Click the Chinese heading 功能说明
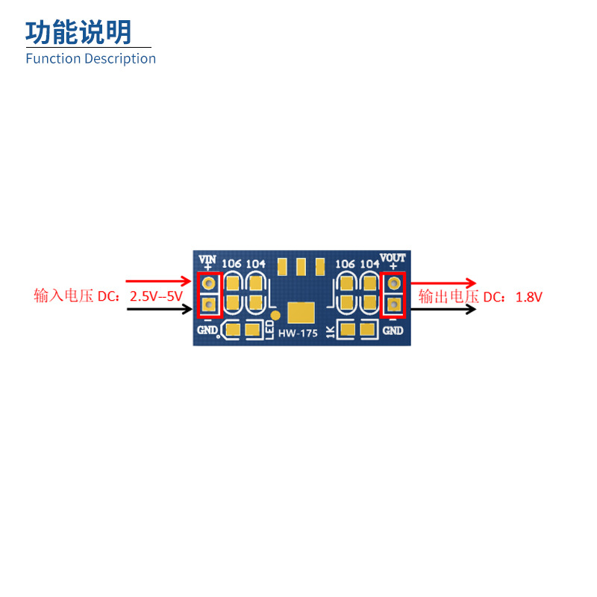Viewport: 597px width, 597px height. [78, 32]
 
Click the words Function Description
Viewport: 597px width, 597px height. [90, 58]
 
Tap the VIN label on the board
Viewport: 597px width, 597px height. [207, 259]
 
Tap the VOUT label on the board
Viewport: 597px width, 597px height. [393, 258]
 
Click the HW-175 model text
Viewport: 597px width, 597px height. [298, 333]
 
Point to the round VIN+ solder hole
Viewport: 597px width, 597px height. [209, 284]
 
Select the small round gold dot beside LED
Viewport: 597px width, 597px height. [275, 315]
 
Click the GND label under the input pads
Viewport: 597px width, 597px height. [207, 331]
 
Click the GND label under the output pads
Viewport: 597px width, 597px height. [393, 331]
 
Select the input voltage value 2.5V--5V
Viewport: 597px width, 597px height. [156, 296]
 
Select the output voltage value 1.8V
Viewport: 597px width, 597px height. [528, 296]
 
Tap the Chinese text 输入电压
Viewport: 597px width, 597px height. [63, 296]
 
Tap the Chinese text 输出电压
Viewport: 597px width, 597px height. [448, 296]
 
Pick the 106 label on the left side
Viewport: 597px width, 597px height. [232, 263]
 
